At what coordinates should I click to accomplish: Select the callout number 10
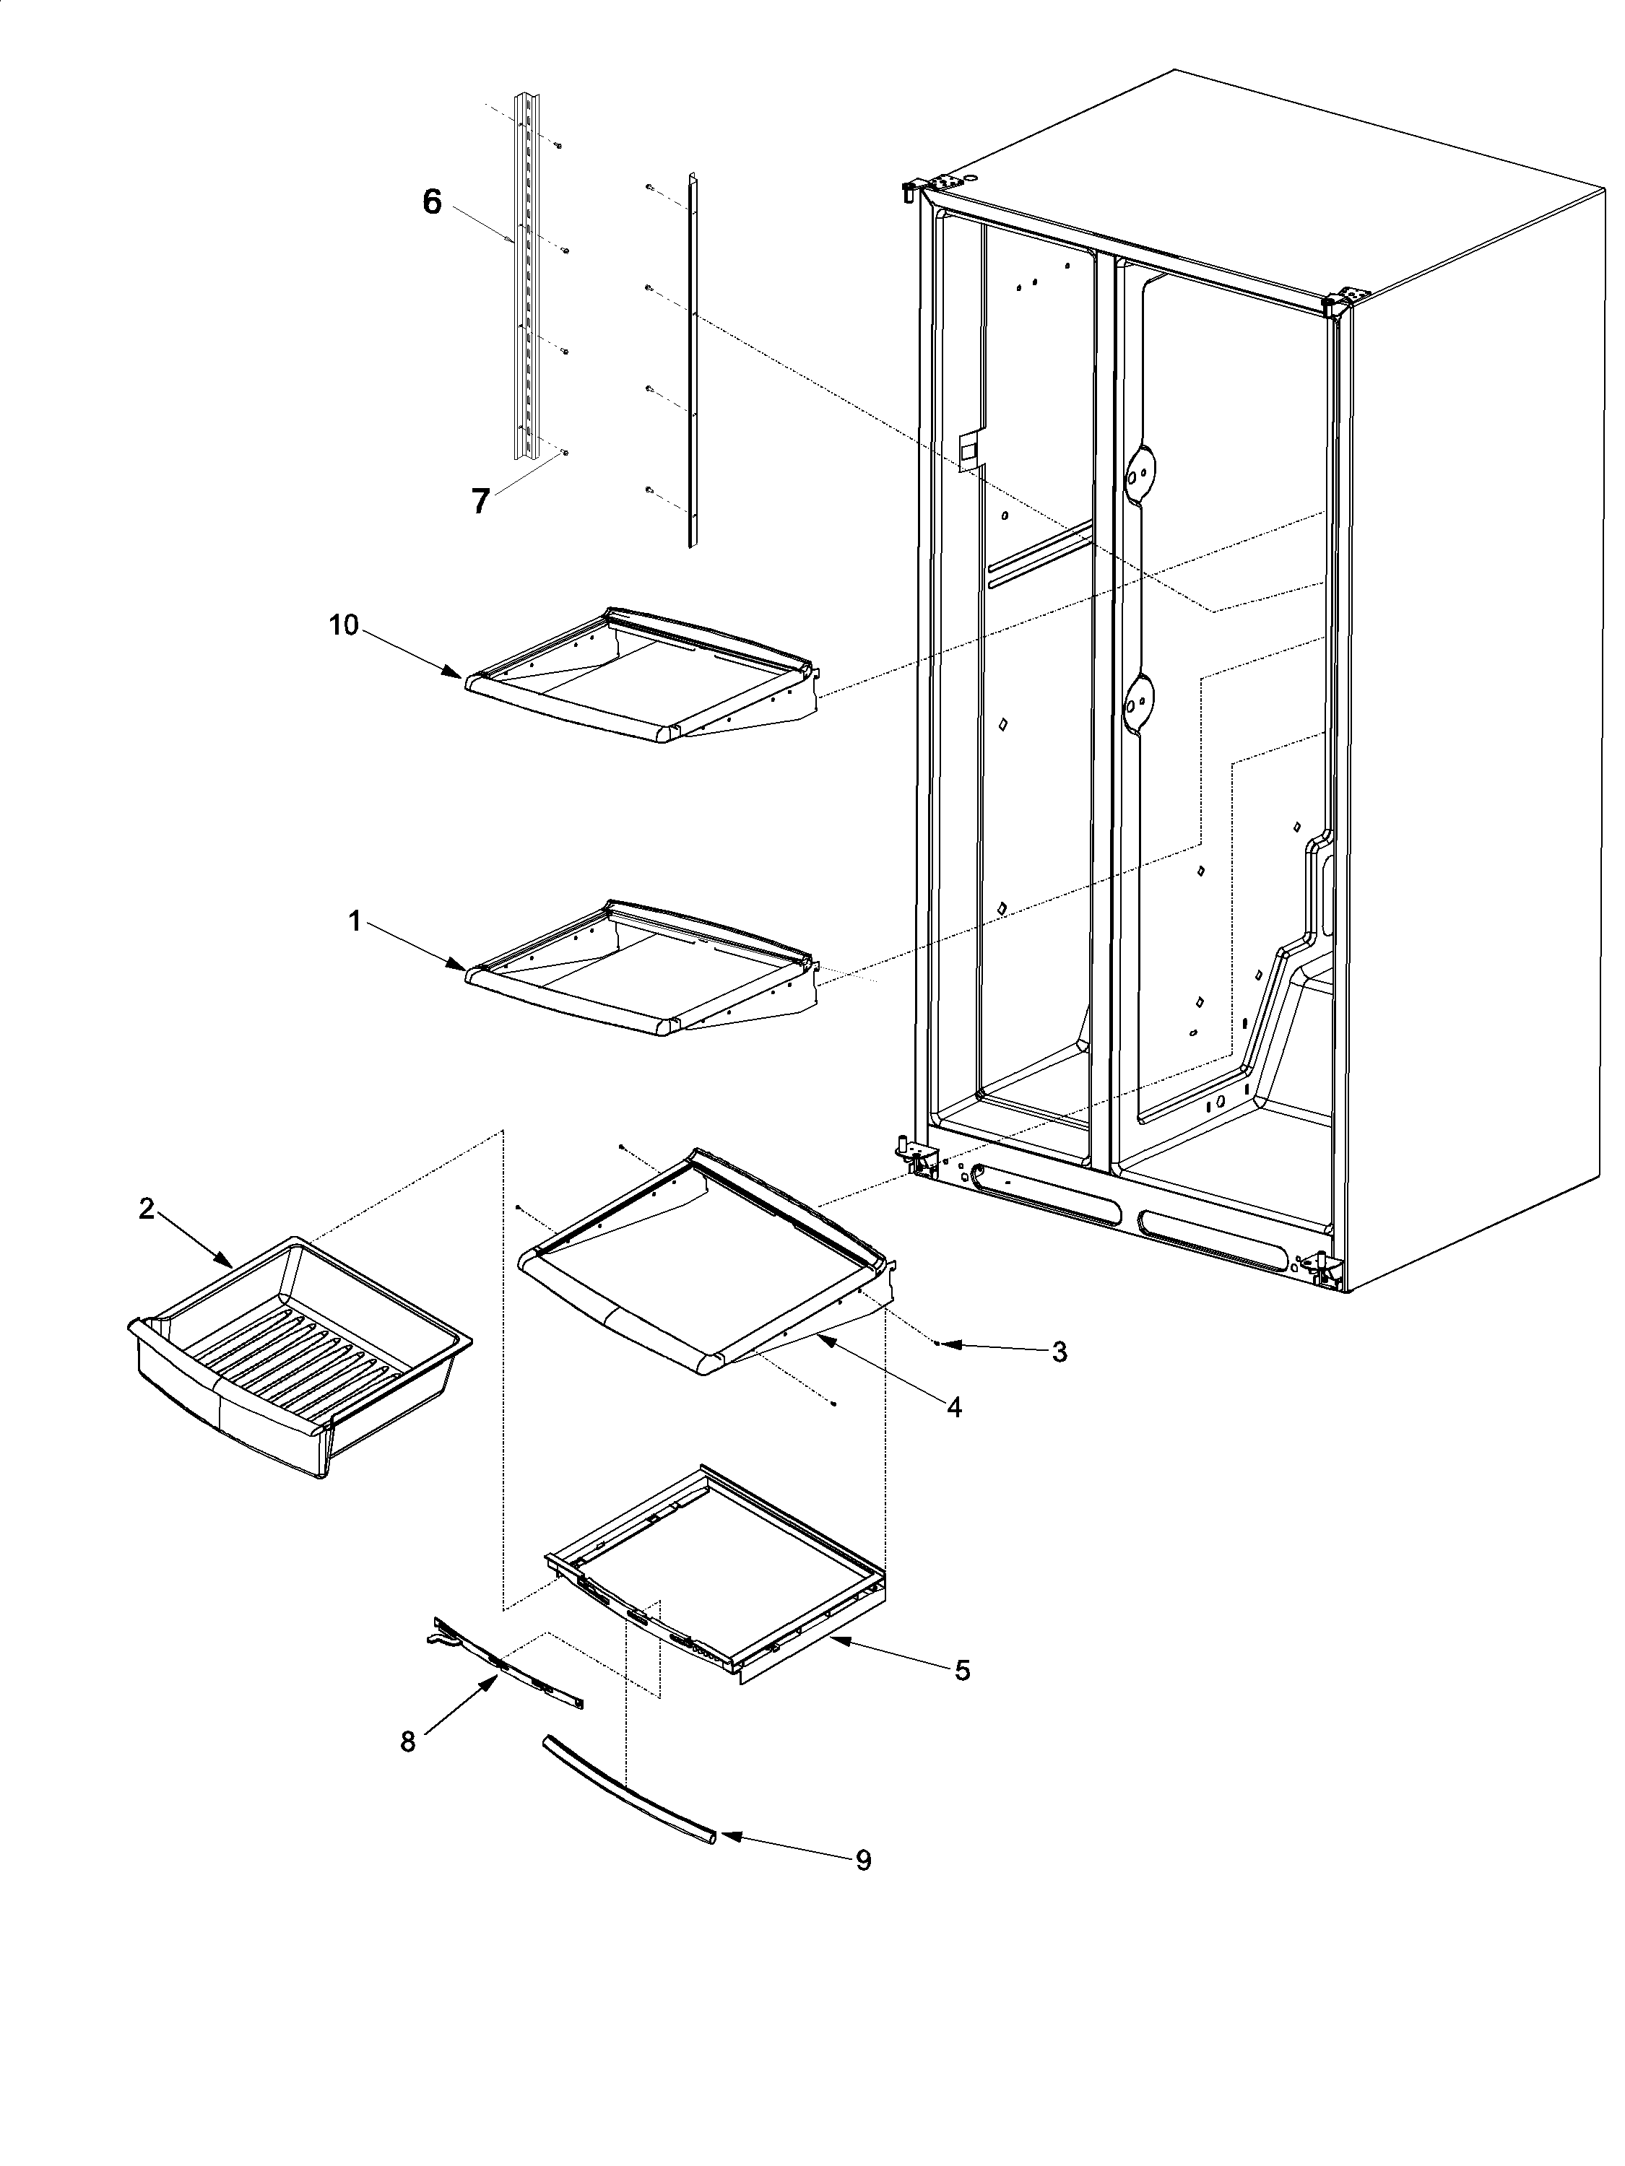point(343,625)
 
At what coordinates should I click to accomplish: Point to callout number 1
point(355,920)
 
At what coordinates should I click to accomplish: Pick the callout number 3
point(1059,1352)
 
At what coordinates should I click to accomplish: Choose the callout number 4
point(953,1407)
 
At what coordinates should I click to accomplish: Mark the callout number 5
point(962,1669)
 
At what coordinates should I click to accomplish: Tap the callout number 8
point(407,1741)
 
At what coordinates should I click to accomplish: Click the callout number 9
point(863,1858)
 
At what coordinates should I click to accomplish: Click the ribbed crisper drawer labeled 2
point(294,1352)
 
